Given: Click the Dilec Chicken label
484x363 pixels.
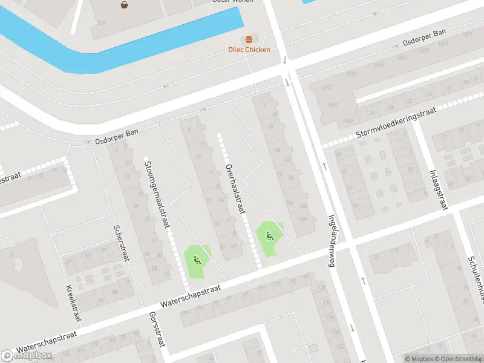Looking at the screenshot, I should [249, 50].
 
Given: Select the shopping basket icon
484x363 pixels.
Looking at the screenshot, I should [125, 5].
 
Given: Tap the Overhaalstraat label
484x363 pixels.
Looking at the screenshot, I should [235, 189].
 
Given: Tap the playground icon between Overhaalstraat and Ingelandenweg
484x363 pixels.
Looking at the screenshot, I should [269, 235].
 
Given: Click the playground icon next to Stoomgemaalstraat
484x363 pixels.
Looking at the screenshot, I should [196, 261].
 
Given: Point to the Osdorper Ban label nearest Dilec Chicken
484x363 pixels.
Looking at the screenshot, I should [425, 38].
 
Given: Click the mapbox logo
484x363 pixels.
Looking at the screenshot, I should [26, 356].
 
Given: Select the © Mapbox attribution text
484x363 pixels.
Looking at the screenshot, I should [419, 359].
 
